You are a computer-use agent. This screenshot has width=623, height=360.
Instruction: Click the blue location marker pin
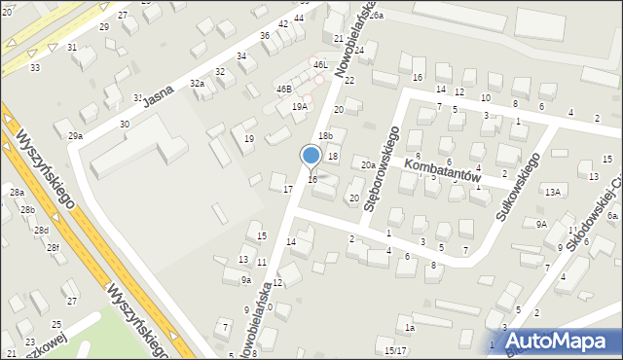(x=311, y=157)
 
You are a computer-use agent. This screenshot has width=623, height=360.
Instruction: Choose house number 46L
(x=320, y=64)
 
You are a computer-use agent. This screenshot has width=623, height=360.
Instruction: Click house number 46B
(x=283, y=89)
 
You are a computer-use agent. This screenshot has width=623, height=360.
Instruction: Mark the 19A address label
(x=300, y=106)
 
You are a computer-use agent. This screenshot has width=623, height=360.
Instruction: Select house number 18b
(x=326, y=135)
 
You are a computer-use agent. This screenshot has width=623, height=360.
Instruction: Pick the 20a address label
(x=368, y=165)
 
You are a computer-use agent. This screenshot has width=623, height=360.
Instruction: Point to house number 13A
(x=553, y=192)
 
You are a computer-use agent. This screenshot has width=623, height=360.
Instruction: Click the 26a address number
(x=376, y=17)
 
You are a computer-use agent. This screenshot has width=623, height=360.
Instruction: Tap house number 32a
(x=197, y=84)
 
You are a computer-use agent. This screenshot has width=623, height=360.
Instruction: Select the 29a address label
(x=75, y=136)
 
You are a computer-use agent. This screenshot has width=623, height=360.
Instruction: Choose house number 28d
(x=41, y=230)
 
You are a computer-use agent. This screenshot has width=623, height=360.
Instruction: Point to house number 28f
(x=54, y=248)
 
